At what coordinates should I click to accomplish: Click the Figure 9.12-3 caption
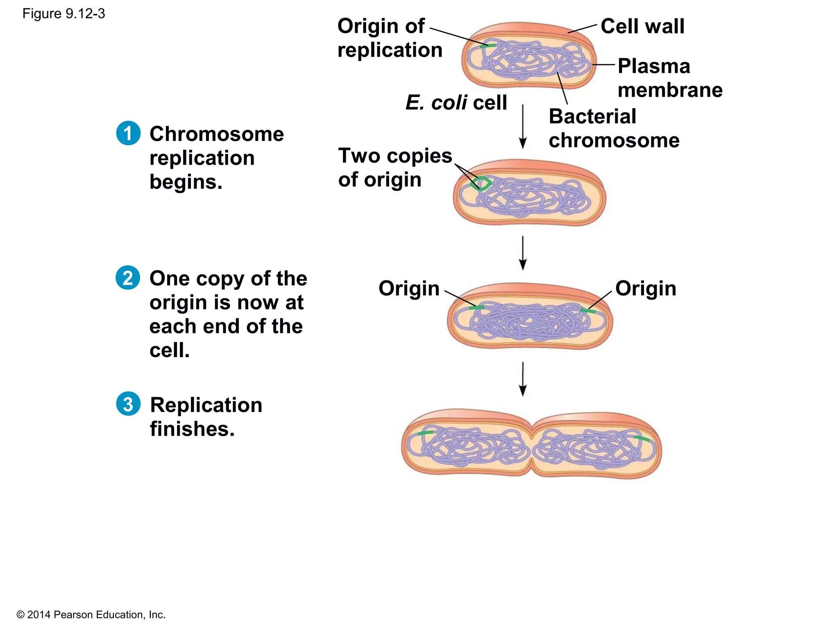pos(63,14)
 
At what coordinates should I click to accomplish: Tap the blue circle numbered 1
pos(128,133)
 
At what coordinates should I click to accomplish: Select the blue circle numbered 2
pos(128,278)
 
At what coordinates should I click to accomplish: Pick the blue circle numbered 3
pos(128,404)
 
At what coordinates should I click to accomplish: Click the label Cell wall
pos(642,26)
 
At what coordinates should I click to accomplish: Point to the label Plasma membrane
pos(669,78)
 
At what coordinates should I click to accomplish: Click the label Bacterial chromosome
pos(613,128)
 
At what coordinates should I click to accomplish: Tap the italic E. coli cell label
pos(456,102)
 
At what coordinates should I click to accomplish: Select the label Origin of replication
pos(389,38)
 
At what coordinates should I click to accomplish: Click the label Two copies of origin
pos(395,167)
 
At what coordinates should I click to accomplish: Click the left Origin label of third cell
pos(408,288)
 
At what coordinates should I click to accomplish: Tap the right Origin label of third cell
pos(645,288)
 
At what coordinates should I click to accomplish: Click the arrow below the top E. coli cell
pos(522,127)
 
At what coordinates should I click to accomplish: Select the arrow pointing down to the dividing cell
pos(522,379)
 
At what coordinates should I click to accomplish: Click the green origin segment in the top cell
pos(488,45)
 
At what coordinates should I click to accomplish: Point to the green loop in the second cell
pos(481,183)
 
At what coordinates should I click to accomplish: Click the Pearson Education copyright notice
pos(91,615)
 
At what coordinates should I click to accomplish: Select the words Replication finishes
pos(206,417)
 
